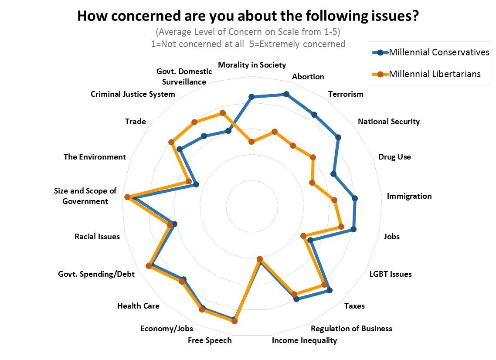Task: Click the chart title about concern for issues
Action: pyautogui.click(x=248, y=16)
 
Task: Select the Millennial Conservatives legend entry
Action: pyautogui.click(x=438, y=53)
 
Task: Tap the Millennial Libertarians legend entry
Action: pyautogui.click(x=434, y=74)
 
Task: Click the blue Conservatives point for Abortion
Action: pyautogui.click(x=286, y=94)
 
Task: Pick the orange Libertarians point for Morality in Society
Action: pyautogui.click(x=251, y=141)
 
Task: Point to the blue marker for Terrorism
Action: pyautogui.click(x=314, y=115)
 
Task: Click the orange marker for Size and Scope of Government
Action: pyautogui.click(x=127, y=197)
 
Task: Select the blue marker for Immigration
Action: pyautogui.click(x=355, y=199)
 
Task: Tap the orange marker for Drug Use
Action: pyautogui.click(x=312, y=183)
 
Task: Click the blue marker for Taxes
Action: pyautogui.click(x=330, y=290)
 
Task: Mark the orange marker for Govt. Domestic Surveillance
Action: pyautogui.click(x=222, y=113)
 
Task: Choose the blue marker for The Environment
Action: pyautogui.click(x=196, y=185)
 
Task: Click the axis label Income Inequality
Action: pyautogui.click(x=304, y=340)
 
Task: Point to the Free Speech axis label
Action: pyautogui.click(x=210, y=340)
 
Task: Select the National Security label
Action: pyautogui.click(x=388, y=122)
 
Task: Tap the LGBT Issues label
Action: pyautogui.click(x=390, y=274)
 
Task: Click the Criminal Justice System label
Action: pyautogui.click(x=132, y=94)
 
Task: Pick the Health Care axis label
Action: pyautogui.click(x=138, y=306)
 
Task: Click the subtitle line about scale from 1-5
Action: pyautogui.click(x=248, y=32)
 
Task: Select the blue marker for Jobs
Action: pyautogui.click(x=353, y=229)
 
